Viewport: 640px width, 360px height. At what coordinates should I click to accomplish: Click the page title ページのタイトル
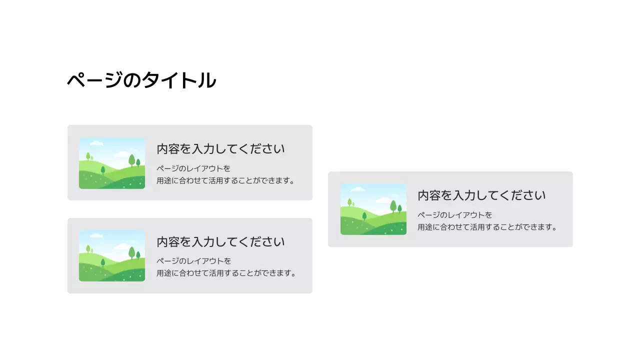pyautogui.click(x=141, y=80)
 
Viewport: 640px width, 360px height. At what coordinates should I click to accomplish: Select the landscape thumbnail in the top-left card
pyautogui.click(x=112, y=163)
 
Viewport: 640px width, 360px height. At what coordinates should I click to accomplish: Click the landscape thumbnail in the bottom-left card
pyautogui.click(x=112, y=256)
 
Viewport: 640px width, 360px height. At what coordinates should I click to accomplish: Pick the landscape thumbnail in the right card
pyautogui.click(x=373, y=209)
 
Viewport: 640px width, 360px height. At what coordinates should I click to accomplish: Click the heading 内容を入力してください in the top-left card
pyautogui.click(x=220, y=149)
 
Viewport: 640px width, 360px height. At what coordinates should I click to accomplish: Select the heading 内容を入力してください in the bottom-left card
pyautogui.click(x=220, y=242)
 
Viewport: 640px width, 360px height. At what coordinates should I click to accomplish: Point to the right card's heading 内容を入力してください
pyautogui.click(x=481, y=195)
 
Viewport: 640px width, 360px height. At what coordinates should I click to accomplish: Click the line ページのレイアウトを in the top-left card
pyautogui.click(x=194, y=168)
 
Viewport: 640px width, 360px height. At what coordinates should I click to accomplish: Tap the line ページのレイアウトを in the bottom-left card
pyautogui.click(x=194, y=261)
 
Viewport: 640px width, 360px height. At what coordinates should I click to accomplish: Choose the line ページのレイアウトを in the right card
pyautogui.click(x=455, y=215)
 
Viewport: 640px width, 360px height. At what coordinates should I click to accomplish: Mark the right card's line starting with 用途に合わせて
pyautogui.click(x=487, y=227)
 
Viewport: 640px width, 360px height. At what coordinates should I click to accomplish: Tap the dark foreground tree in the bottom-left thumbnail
pyautogui.click(x=103, y=262)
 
